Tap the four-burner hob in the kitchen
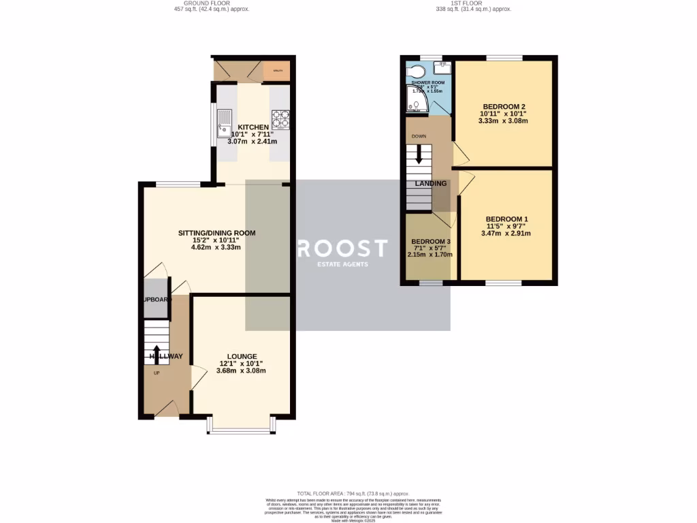coord(280,120)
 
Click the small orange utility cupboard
coord(278,70)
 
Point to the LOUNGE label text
coord(242,356)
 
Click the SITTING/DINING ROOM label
coord(216,233)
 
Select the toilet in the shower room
coord(415,71)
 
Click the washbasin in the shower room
coord(443,67)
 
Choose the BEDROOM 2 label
coord(504,107)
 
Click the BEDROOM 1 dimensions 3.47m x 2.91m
coord(505,234)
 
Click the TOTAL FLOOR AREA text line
coord(352,493)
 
